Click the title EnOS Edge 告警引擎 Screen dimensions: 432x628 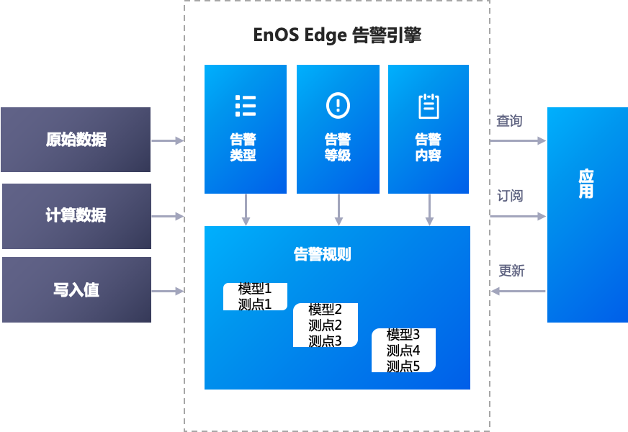coord(337,35)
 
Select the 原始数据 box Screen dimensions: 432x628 coord(76,140)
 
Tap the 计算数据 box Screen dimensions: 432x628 coord(76,215)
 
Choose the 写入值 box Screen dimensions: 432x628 coord(76,290)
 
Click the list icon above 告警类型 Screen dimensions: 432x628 coord(245,105)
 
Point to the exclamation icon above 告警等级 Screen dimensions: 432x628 coord(337,105)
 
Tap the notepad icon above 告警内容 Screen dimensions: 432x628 coord(429,106)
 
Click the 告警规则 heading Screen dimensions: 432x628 coord(322,254)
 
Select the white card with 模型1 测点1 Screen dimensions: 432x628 coord(255,297)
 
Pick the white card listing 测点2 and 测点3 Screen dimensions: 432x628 coord(326,325)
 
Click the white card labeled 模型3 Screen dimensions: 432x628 coord(403,351)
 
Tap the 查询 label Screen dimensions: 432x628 coord(509,121)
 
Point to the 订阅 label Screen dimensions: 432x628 coord(510,196)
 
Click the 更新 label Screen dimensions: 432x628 coord(511,271)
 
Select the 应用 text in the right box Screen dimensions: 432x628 coord(586,184)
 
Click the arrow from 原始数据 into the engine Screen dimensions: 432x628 coord(168,140)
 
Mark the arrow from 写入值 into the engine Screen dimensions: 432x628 coord(168,291)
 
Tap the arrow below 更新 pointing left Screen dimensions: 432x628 coord(518,291)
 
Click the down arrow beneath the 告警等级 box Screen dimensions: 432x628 coord(338,210)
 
